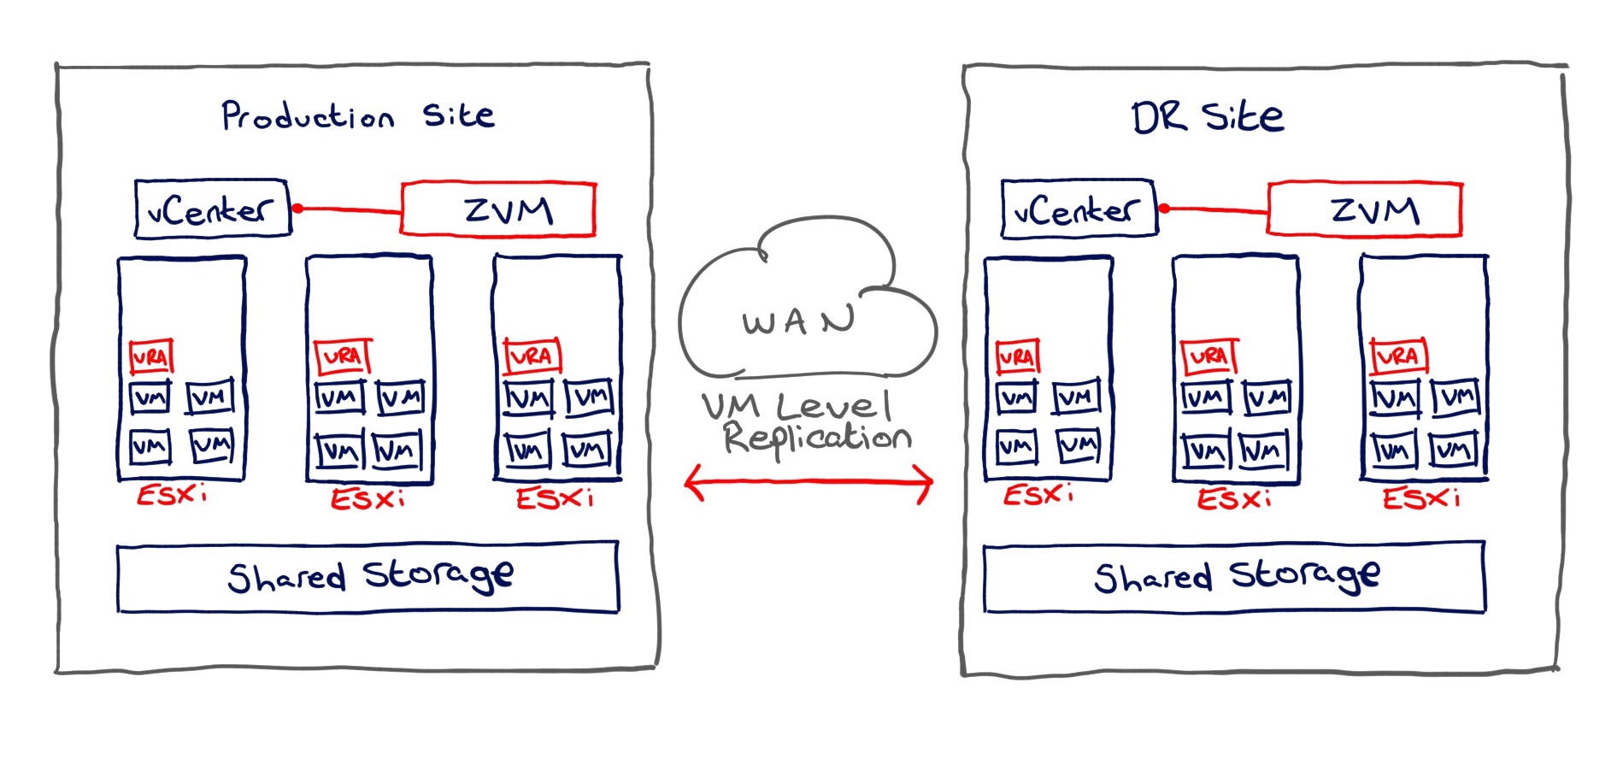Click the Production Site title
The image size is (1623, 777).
(x=357, y=116)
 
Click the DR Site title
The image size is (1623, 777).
(x=1207, y=117)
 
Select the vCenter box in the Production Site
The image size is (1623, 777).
(x=212, y=209)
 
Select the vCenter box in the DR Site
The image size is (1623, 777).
(x=1079, y=209)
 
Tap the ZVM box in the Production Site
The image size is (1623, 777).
(x=498, y=209)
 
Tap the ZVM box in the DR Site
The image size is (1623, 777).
(x=1365, y=209)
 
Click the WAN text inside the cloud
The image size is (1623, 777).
(x=798, y=321)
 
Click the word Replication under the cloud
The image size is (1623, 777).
(x=817, y=438)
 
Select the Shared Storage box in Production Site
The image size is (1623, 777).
(x=368, y=577)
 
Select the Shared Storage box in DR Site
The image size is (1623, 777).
(x=1234, y=577)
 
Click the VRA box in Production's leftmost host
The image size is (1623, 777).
(x=151, y=356)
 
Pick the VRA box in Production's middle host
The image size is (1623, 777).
(x=343, y=356)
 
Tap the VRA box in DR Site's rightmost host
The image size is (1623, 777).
(x=1398, y=356)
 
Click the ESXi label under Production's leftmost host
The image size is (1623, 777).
(x=172, y=494)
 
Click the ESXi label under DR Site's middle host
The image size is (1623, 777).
(x=1233, y=497)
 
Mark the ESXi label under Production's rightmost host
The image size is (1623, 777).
(x=554, y=497)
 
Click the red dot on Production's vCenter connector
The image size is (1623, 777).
(x=297, y=209)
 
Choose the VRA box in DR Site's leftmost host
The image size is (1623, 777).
(x=1018, y=356)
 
